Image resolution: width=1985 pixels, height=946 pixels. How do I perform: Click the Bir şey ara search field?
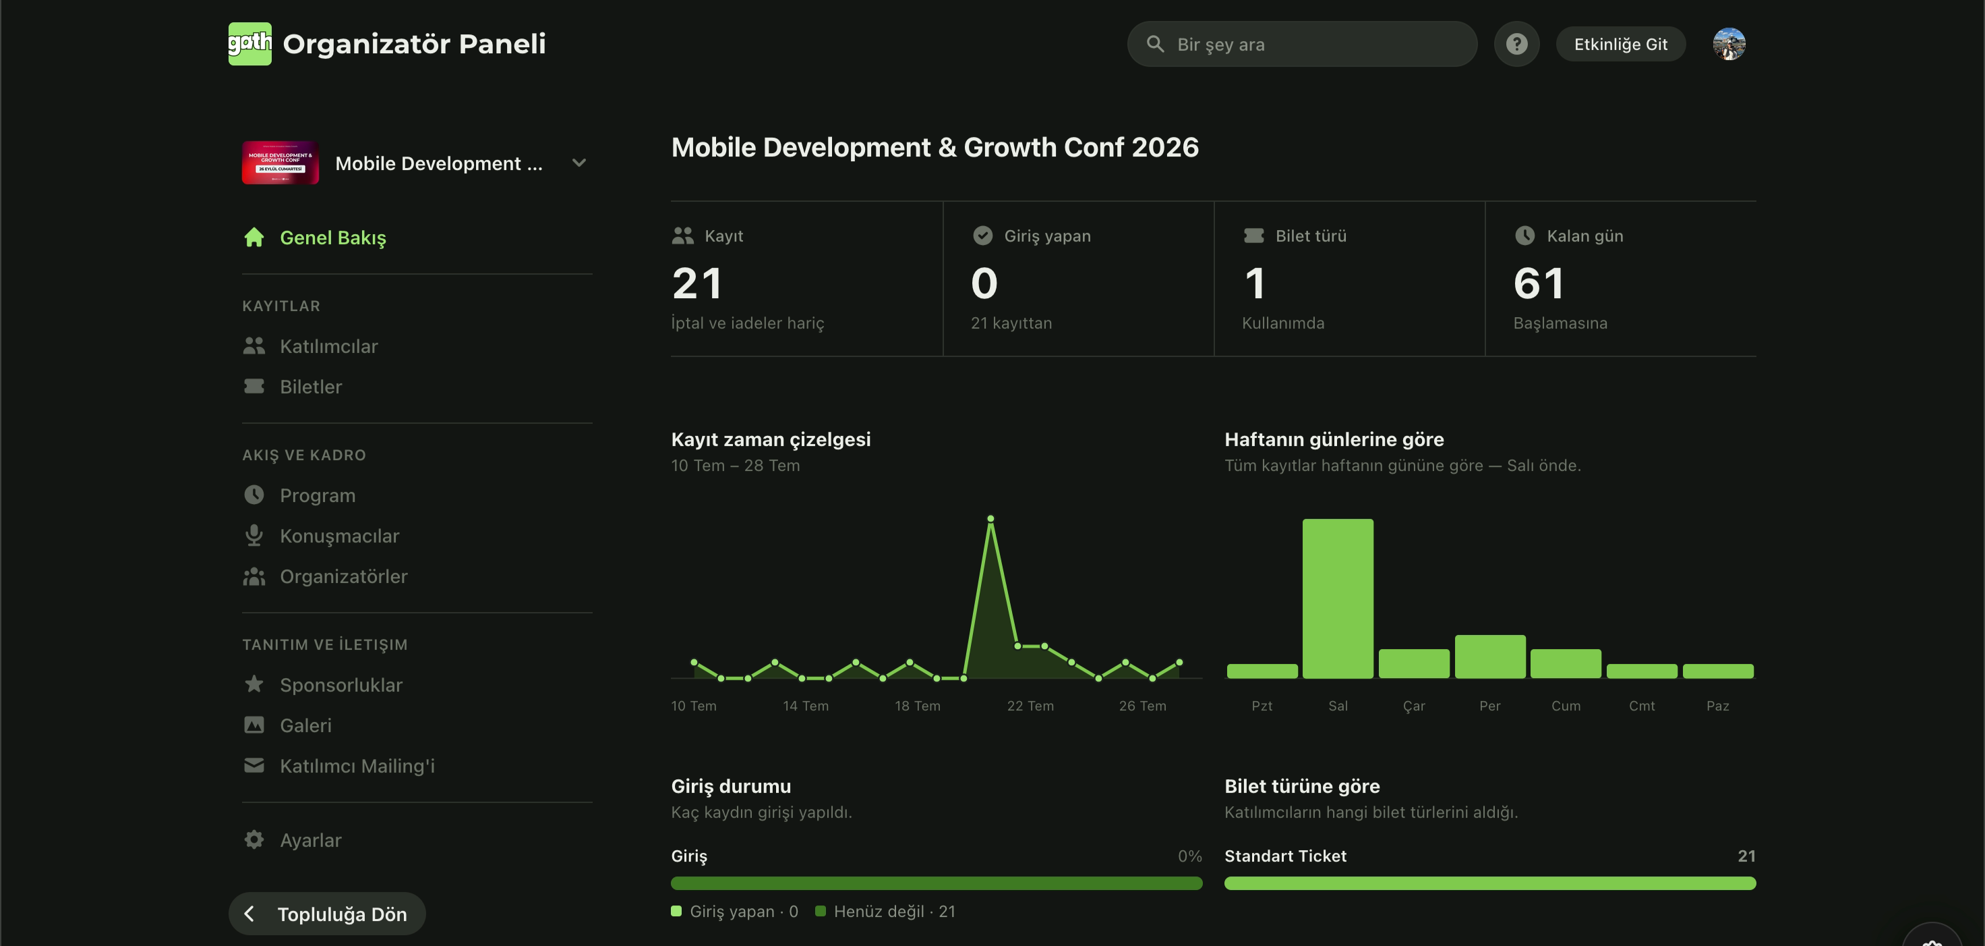coord(1301,44)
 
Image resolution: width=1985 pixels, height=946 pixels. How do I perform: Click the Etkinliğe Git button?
coord(1620,44)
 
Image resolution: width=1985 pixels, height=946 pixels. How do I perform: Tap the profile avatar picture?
coord(1729,44)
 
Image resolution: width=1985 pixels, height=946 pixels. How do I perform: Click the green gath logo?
coord(249,43)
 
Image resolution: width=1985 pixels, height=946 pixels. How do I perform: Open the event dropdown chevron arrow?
coord(579,163)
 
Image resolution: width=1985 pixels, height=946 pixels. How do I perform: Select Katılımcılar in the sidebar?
coord(328,346)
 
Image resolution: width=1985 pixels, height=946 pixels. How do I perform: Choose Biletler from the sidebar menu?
coord(311,386)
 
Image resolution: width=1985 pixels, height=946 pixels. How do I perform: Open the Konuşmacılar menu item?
coord(339,536)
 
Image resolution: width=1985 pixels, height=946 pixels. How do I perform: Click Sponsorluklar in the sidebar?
coord(340,685)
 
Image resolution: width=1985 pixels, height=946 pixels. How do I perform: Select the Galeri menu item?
coord(305,725)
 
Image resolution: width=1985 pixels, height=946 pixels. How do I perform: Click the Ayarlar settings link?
coord(309,839)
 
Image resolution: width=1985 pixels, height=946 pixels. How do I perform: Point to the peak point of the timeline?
coord(990,519)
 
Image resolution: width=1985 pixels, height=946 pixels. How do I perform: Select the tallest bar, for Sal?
coord(1338,599)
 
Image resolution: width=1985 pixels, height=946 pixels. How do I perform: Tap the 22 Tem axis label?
coord(1030,706)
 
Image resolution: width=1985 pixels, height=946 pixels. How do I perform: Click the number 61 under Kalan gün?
coord(1539,283)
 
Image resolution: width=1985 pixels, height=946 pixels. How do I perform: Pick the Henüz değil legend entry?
coord(885,912)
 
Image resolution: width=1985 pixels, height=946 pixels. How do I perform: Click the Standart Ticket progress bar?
coord(1489,883)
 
